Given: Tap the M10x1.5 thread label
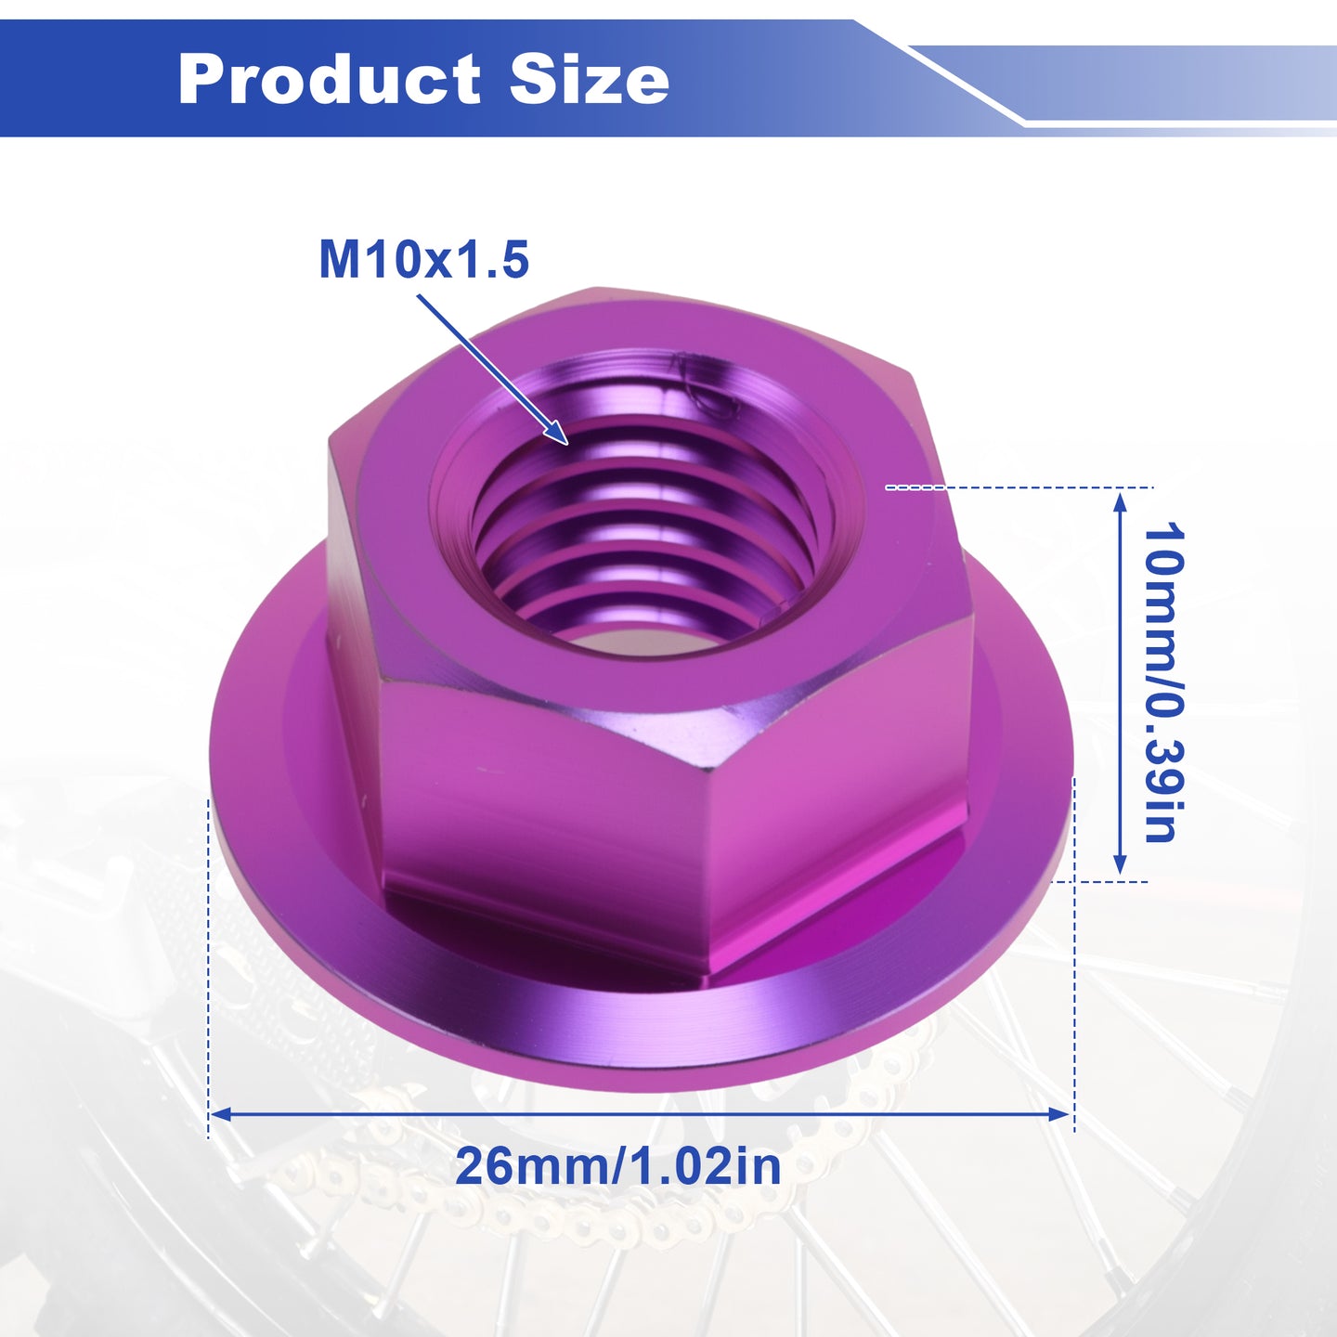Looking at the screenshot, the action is tap(424, 259).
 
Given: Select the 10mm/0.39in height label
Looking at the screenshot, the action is tap(1162, 682).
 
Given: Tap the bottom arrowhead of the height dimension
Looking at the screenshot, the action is tap(1119, 863).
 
